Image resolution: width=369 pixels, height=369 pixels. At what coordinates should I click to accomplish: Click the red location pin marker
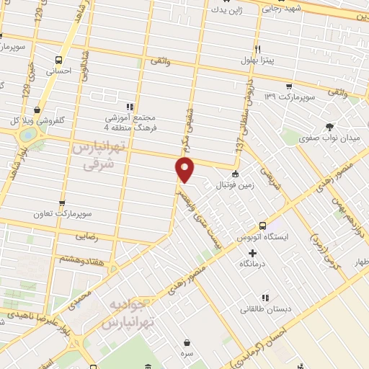tap(185, 170)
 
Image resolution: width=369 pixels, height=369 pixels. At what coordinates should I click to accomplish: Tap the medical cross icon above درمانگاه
tap(252, 253)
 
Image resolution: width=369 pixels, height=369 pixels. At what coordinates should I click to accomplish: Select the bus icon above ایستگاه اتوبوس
tap(263, 224)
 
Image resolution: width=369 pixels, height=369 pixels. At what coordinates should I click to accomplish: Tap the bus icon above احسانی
tap(58, 60)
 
